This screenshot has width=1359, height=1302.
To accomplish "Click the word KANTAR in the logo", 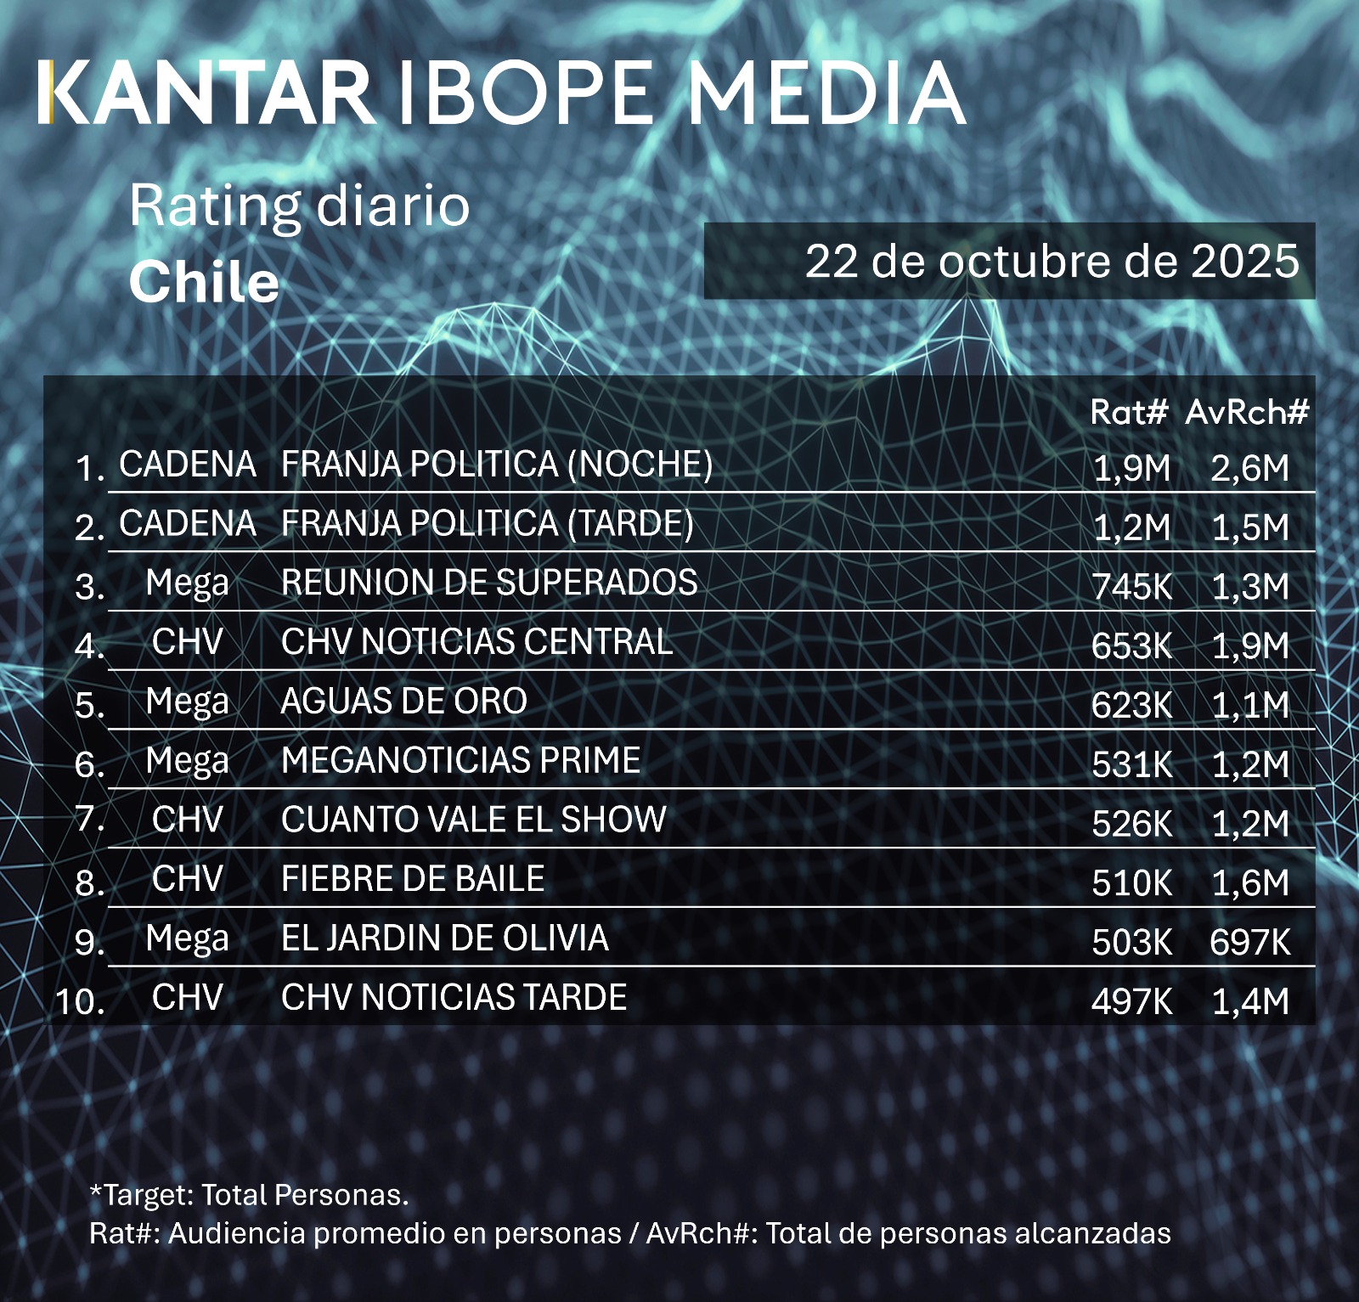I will click(208, 93).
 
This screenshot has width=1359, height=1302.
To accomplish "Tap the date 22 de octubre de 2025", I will click(1052, 261).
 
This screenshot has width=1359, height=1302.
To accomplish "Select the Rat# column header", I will click(1129, 413).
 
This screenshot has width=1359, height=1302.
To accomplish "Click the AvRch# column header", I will click(1247, 413).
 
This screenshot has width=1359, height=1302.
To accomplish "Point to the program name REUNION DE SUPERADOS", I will click(489, 583).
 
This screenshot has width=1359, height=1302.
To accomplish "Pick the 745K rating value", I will click(1131, 586).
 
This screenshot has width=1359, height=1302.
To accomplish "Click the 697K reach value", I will click(1249, 942).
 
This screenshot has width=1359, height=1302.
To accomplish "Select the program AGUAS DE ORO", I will click(404, 702).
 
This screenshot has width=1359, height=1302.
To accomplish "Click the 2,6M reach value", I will click(1249, 468).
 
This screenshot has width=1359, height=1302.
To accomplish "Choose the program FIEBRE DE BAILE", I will click(413, 879).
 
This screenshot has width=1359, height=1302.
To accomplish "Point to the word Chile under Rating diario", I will click(204, 282).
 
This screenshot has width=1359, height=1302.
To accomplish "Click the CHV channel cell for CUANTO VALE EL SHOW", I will click(187, 820).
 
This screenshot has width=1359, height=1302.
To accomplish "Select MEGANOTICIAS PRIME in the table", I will click(461, 760).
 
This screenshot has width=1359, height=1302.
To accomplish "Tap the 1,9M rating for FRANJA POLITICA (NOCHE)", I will click(1131, 468).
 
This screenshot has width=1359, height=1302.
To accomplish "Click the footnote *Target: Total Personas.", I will click(249, 1195).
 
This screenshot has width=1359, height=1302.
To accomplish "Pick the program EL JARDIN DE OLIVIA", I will click(445, 938).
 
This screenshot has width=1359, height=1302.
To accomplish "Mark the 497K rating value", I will click(1131, 1001).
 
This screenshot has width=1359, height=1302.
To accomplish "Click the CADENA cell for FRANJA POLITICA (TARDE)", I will click(187, 524).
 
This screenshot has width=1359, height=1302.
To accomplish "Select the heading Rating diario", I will click(299, 206).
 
